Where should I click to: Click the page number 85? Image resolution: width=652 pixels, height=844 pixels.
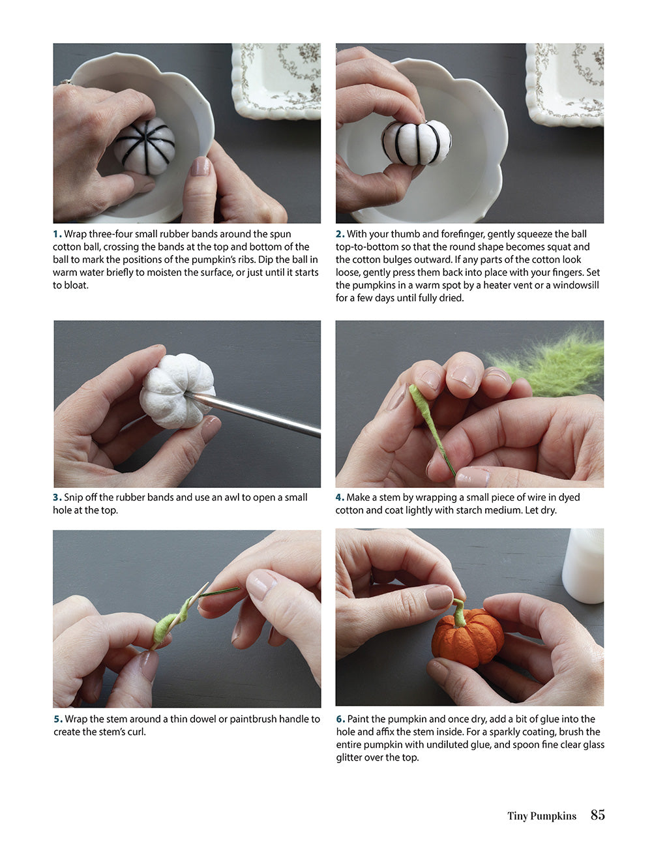coord(597,815)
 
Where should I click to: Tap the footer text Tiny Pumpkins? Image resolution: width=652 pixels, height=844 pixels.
coord(541,816)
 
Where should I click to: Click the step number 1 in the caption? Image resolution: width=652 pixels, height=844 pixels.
coord(57,234)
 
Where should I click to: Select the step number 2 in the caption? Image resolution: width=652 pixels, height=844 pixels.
coord(340,234)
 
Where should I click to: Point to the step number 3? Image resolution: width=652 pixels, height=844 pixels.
coord(57,498)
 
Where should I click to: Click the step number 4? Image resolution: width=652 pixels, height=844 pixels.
coord(340,498)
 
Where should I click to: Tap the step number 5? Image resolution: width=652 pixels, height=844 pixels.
coord(57,719)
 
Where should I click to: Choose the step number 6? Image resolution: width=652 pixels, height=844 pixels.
coord(340,719)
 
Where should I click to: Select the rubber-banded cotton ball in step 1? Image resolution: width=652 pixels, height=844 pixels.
coord(145,145)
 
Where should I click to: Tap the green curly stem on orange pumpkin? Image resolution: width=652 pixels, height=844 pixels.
coord(460,611)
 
